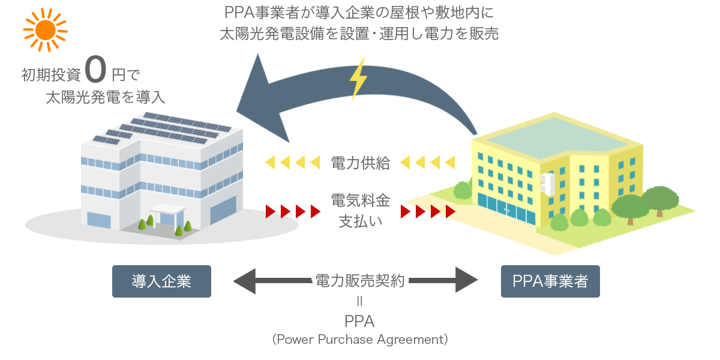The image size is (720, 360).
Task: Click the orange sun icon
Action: pyautogui.click(x=44, y=29)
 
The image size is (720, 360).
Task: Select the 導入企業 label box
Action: pyautogui.click(x=161, y=281)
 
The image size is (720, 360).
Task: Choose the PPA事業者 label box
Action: pyautogui.click(x=550, y=281)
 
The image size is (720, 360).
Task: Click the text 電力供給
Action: pyautogui.click(x=360, y=163)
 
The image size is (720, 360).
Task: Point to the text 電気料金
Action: pyautogui.click(x=360, y=200)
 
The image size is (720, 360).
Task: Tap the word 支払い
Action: pyautogui.click(x=360, y=220)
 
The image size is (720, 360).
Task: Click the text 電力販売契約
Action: pyautogui.click(x=360, y=280)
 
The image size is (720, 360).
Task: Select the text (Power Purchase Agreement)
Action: pyautogui.click(x=360, y=339)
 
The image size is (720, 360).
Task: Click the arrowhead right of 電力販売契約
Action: pyautogui.click(x=466, y=280)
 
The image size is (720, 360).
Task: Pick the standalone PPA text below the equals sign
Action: pyautogui.click(x=359, y=321)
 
